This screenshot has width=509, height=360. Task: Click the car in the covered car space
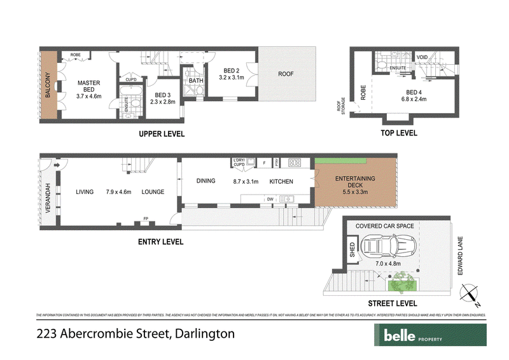pos(386,247)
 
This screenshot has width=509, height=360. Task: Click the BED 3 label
pos(162,93)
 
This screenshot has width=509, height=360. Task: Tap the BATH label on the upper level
pos(196,81)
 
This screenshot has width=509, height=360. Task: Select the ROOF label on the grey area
pos(286,74)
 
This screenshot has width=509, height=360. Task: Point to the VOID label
pos(422,57)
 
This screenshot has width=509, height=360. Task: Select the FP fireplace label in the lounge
pos(145,216)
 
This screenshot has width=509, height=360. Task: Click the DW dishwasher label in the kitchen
pos(270,198)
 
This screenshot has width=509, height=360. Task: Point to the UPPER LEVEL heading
pos(162,134)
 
